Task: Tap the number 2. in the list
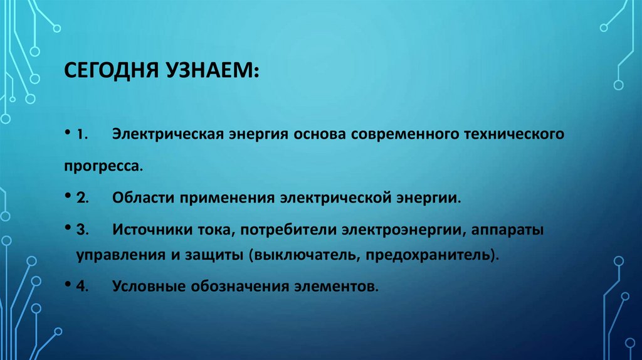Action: tap(83, 198)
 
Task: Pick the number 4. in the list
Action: tap(83, 287)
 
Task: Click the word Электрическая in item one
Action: tap(165, 135)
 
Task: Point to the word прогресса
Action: tap(102, 167)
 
